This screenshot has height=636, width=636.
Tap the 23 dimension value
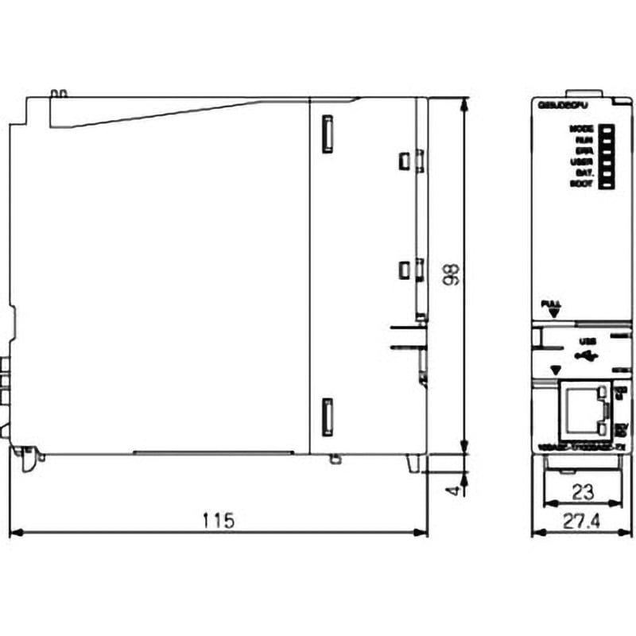(583, 492)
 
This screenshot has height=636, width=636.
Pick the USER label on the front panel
(581, 161)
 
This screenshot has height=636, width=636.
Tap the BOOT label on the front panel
(581, 184)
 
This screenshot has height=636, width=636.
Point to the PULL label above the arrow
(550, 303)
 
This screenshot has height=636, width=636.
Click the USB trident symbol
(588, 355)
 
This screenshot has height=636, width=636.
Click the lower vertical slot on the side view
(325, 417)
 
